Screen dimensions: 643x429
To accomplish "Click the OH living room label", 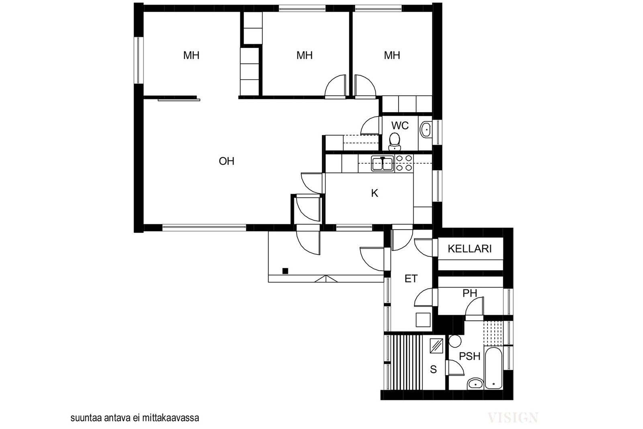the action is [227, 161].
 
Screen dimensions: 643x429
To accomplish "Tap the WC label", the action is [400, 125].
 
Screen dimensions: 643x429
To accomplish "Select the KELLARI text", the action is [470, 248].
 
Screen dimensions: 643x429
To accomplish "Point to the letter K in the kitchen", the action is [375, 193].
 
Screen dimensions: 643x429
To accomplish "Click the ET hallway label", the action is [411, 279].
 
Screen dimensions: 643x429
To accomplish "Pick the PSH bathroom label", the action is [470, 356].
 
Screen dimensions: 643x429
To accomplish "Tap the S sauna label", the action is [434, 369].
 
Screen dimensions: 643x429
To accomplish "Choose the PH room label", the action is [470, 293].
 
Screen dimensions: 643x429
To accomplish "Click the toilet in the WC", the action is [395, 142].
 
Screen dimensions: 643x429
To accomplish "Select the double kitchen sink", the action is [382, 163].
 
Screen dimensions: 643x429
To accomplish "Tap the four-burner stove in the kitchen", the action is [404, 163].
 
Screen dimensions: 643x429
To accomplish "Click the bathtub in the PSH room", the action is [493, 368].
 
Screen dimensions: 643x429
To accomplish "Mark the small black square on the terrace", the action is [285, 271].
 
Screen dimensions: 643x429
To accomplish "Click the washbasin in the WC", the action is [426, 129].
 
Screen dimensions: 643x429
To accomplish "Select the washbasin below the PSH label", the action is [475, 384].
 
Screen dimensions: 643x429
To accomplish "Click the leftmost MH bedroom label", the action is [191, 55].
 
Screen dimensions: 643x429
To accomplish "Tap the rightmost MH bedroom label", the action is [392, 55].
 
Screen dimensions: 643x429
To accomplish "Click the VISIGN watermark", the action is [513, 418].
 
